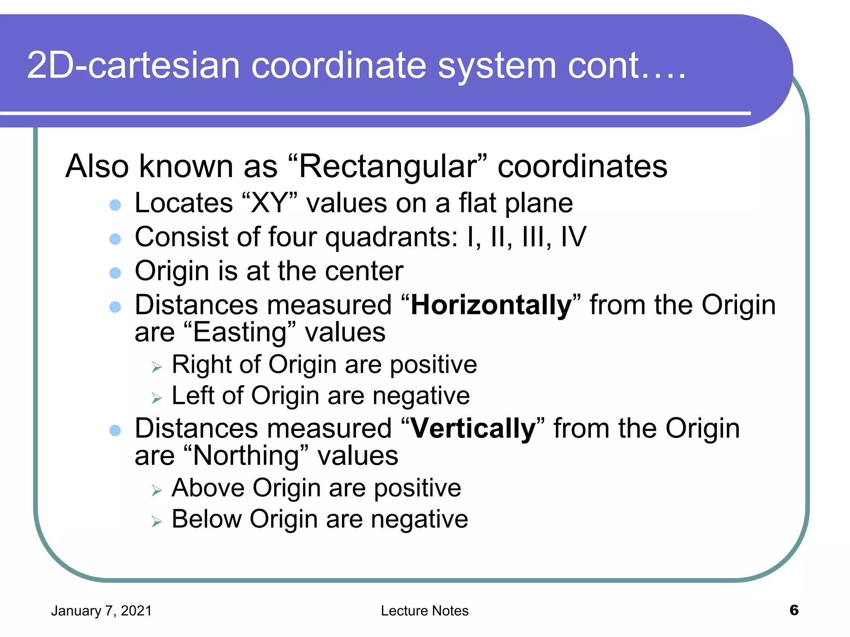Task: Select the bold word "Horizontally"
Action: click(491, 305)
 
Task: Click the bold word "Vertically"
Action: click(473, 428)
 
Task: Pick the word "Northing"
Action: click(246, 456)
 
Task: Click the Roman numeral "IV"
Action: click(573, 237)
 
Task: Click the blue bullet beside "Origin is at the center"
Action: click(115, 273)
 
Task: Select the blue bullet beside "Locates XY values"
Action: click(115, 205)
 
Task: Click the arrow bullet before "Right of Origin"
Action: click(156, 367)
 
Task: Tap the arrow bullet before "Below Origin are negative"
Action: click(156, 521)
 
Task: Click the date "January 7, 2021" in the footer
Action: click(101, 611)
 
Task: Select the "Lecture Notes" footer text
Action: click(425, 611)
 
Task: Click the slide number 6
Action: click(794, 610)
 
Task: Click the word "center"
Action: click(364, 271)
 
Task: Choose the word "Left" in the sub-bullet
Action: click(193, 395)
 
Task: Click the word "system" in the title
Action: click(497, 66)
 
